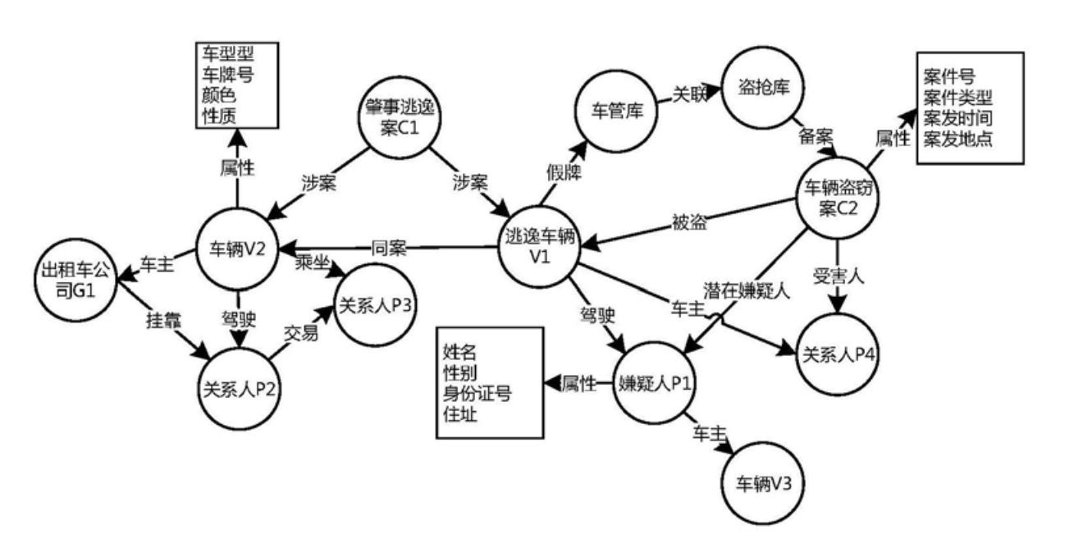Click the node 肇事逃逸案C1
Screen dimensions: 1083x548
pos(400,117)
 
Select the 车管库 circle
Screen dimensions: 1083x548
pos(616,111)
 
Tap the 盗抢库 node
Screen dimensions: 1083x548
pos(763,88)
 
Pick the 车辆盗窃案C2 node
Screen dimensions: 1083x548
pos(838,198)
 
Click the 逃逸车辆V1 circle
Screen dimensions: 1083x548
pos(540,248)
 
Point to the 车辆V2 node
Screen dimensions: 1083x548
pos(237,250)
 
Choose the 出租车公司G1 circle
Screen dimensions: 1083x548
pos(76,280)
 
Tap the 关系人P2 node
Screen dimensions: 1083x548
pos(240,389)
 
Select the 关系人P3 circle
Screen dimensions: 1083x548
pos(375,305)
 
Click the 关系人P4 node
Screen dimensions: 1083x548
pos(838,354)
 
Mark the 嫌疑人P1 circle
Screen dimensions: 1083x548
pos(655,383)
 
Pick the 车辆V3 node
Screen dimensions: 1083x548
pos(763,483)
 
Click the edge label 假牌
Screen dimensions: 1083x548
pos(564,172)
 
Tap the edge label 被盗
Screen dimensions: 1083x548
pos(689,222)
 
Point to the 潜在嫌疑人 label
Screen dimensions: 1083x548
pos(746,291)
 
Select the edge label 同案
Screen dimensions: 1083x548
pos(389,248)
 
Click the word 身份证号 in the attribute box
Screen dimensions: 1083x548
pos(478,393)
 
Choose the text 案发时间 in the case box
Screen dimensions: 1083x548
pos(957,118)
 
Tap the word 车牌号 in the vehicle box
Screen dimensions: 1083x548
pos(228,75)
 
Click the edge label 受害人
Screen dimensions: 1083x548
pos(839,276)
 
